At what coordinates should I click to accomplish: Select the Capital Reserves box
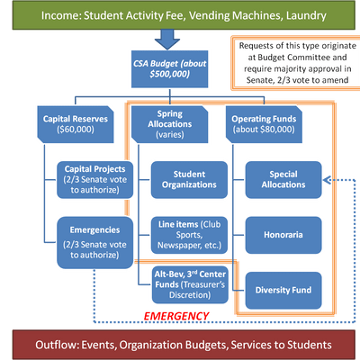(x=76, y=124)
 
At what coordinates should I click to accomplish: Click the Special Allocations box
(x=283, y=178)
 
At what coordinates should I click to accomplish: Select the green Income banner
(x=179, y=15)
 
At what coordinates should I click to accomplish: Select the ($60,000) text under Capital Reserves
(x=76, y=130)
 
